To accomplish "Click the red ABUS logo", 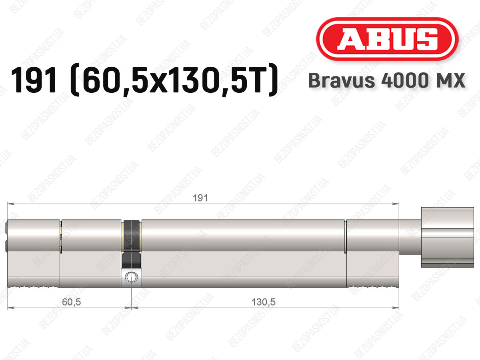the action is click(387, 39).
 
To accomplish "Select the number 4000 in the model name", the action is click(404, 80).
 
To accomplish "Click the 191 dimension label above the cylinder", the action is click(200, 198).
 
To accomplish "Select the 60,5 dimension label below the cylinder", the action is click(71, 302).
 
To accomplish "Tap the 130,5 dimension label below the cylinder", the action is click(264, 302).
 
